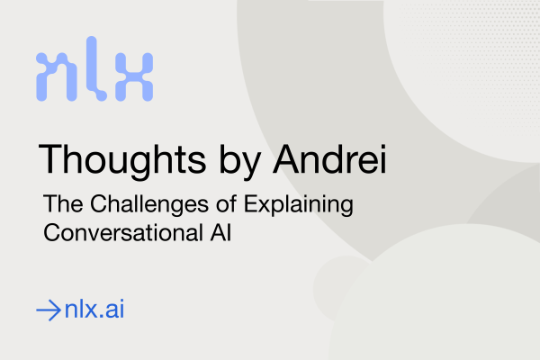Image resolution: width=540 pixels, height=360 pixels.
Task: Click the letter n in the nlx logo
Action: [x=57, y=76]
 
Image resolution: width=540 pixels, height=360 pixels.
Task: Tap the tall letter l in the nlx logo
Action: [x=93, y=69]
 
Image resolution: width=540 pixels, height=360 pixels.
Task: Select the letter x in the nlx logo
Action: [x=134, y=76]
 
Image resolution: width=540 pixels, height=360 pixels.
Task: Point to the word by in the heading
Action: [x=240, y=161]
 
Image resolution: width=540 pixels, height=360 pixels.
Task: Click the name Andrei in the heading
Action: [x=329, y=159]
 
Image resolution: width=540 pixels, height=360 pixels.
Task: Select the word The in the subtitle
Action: [x=63, y=203]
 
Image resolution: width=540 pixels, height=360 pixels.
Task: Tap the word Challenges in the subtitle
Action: [x=149, y=205]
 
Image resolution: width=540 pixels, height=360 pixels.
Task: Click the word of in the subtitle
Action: [x=226, y=202]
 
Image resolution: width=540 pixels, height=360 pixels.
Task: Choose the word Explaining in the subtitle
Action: [x=299, y=205]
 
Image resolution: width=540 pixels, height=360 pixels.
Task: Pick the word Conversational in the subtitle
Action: [x=123, y=232]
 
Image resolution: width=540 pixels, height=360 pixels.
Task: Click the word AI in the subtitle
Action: [x=220, y=232]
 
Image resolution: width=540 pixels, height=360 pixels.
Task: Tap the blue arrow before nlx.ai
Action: [x=49, y=310]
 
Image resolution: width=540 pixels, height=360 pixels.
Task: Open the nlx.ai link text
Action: [x=94, y=309]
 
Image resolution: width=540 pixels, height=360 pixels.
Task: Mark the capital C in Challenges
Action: [x=99, y=203]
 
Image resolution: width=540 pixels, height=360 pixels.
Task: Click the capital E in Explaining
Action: [x=251, y=203]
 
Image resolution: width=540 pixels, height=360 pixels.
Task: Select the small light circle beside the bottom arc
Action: [x=341, y=289]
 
